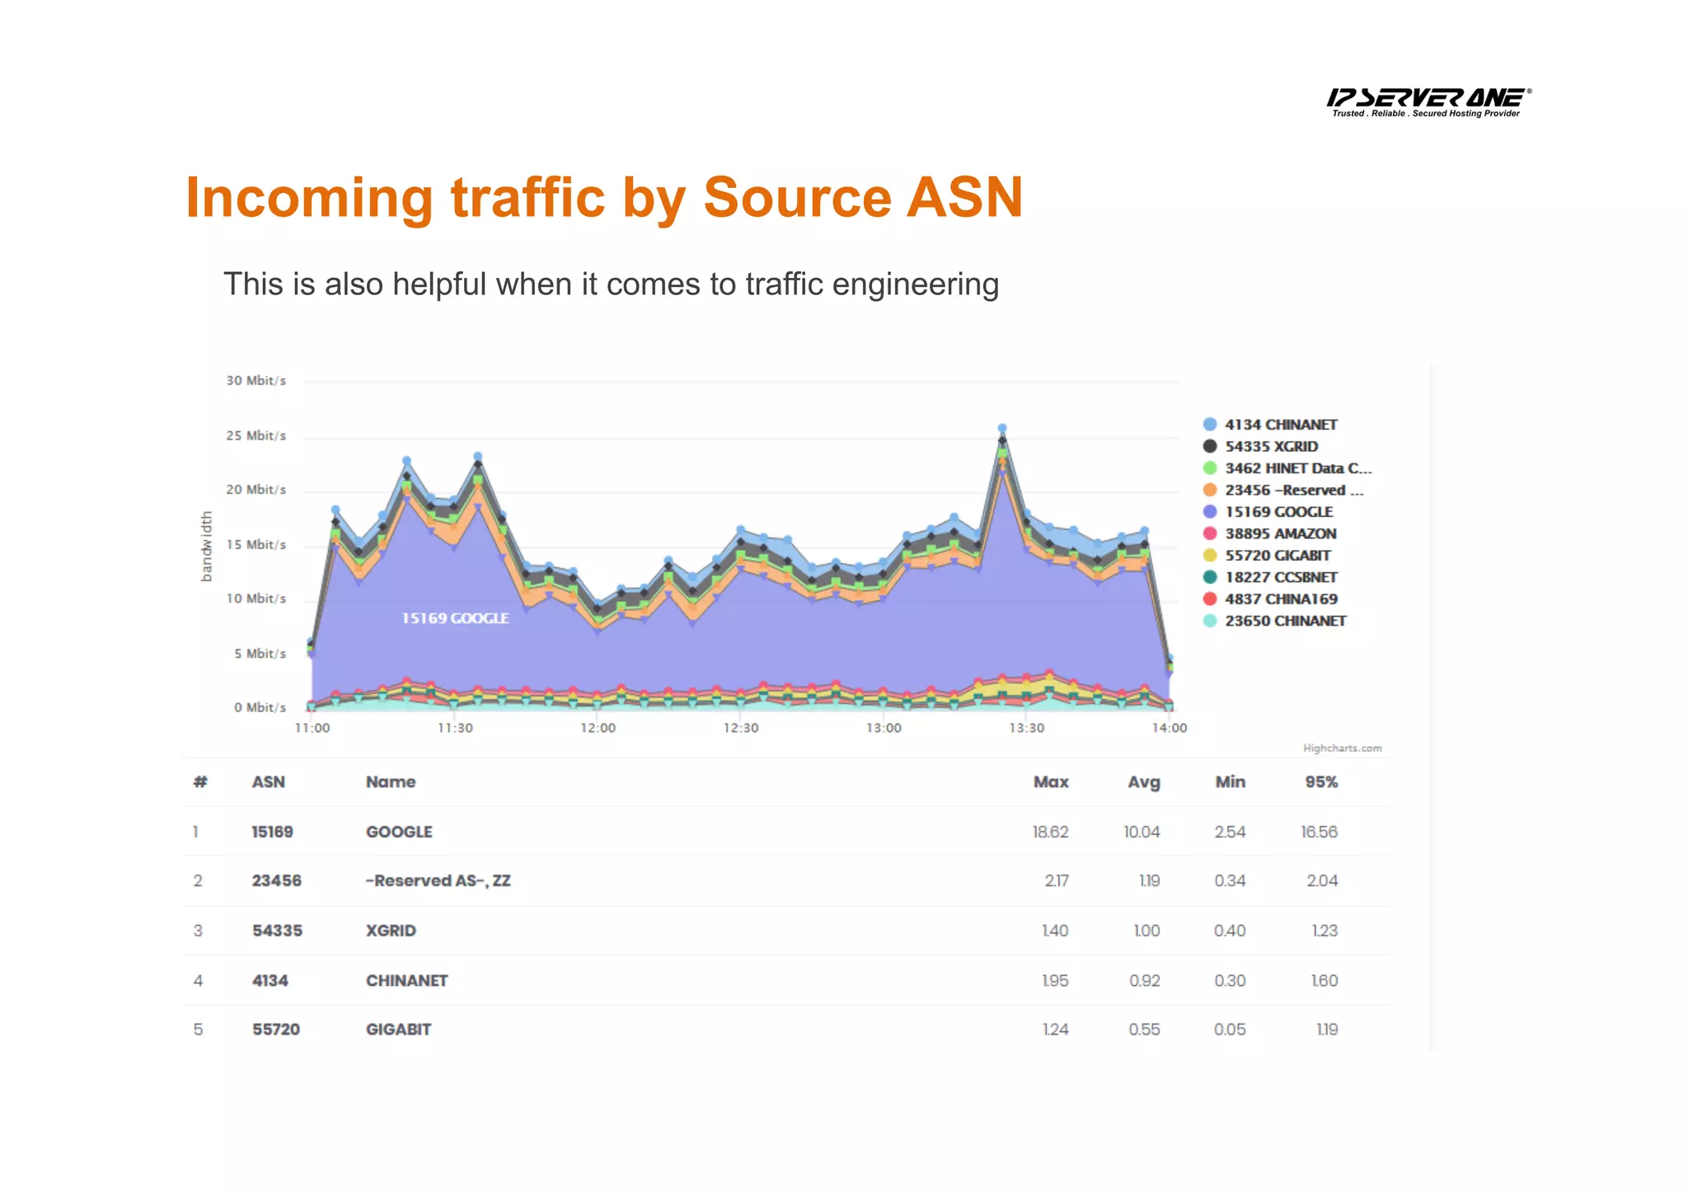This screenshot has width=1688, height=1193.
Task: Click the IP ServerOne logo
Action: click(1428, 102)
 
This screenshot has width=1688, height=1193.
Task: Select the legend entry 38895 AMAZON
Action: click(1279, 533)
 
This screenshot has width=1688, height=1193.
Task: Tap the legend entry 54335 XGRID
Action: click(1270, 446)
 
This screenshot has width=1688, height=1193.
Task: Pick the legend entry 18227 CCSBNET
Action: click(1280, 577)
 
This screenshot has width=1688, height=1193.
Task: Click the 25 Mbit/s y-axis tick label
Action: click(256, 435)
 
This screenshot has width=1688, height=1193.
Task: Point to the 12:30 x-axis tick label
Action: click(740, 728)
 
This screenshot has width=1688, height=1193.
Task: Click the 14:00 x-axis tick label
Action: click(1169, 728)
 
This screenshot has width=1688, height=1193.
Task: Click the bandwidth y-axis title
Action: click(206, 546)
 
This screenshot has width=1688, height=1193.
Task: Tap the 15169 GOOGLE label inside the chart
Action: click(455, 618)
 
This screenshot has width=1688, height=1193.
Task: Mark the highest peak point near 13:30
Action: click(1002, 429)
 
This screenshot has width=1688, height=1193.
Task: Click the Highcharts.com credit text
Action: click(1342, 749)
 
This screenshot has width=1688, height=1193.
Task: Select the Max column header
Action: click(1051, 782)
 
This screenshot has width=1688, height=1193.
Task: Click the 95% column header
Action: click(1320, 782)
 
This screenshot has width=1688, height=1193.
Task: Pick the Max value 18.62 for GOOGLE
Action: click(1050, 832)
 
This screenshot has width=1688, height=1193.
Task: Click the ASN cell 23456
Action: click(276, 881)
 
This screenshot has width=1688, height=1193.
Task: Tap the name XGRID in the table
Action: click(391, 931)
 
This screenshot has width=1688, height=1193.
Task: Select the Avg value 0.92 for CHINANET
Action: click(1144, 981)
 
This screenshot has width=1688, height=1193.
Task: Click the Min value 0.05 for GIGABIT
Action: click(1230, 1030)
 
